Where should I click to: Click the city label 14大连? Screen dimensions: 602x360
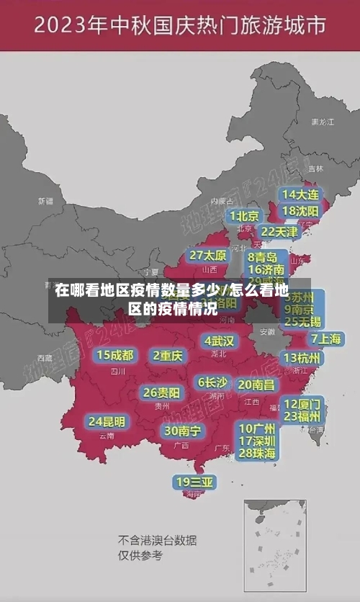(x=301, y=194)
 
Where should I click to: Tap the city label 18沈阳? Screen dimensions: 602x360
(x=301, y=210)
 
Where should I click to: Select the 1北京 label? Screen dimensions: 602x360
(x=245, y=215)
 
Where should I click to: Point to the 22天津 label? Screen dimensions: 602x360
(x=279, y=232)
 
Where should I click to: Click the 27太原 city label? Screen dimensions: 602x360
(x=208, y=255)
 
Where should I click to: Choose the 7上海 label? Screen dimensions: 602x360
(x=325, y=338)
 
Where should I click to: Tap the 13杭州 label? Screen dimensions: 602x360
(x=302, y=358)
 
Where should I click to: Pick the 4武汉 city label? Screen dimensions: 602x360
(x=219, y=340)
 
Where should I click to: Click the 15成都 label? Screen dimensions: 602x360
(x=115, y=354)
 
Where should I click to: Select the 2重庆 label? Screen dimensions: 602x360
(x=168, y=355)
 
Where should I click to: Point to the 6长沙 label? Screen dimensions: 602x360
(x=212, y=382)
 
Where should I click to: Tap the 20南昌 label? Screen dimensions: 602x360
(x=256, y=385)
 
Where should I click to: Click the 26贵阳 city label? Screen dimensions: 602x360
(x=161, y=392)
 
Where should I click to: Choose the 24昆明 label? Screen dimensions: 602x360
(x=107, y=421)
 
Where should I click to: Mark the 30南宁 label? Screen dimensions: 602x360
(x=182, y=431)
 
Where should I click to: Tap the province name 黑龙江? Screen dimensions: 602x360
(x=322, y=122)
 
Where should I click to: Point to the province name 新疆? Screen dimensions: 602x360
(x=45, y=201)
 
